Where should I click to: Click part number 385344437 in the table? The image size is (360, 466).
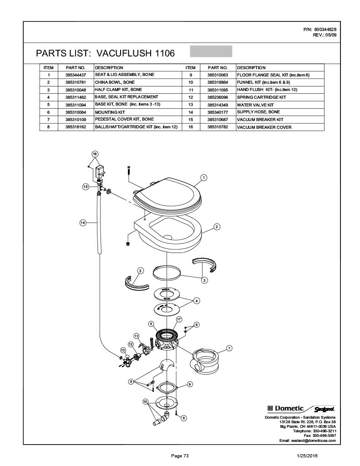tap(73, 75)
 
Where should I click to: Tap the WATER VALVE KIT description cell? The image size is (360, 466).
tap(254, 105)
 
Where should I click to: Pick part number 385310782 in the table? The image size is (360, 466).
tap(217, 127)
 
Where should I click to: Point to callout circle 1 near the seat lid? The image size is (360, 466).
tap(204, 177)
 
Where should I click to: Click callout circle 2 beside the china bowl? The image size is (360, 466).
tap(217, 227)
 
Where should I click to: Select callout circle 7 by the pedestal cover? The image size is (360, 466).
tap(229, 349)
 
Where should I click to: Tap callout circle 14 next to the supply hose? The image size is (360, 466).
tap(83, 223)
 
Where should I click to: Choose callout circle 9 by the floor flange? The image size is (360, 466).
tap(189, 385)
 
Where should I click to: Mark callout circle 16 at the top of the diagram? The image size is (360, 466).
tap(95, 154)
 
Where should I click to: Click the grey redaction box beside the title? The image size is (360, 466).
tap(211, 51)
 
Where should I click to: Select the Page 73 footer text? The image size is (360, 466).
tap(180, 456)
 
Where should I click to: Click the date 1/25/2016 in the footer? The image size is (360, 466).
tap(307, 456)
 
